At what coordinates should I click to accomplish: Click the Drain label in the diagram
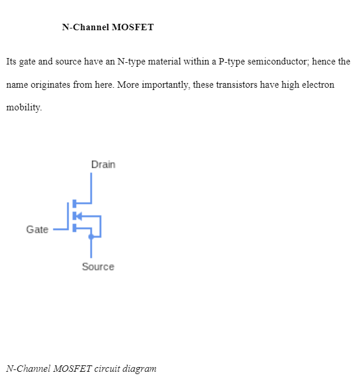point(103,164)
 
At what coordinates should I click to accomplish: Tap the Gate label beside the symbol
point(37,229)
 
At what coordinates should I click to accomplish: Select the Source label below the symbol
point(98,267)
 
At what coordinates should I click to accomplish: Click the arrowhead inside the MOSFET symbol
point(80,216)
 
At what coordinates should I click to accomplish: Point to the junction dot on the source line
point(91,236)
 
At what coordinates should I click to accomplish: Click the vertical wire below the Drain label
point(91,186)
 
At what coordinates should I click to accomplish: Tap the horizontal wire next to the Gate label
point(60,229)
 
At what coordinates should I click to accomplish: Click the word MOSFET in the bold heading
point(133,27)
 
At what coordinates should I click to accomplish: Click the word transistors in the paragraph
point(237,85)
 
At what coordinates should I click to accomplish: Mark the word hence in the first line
point(323,62)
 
